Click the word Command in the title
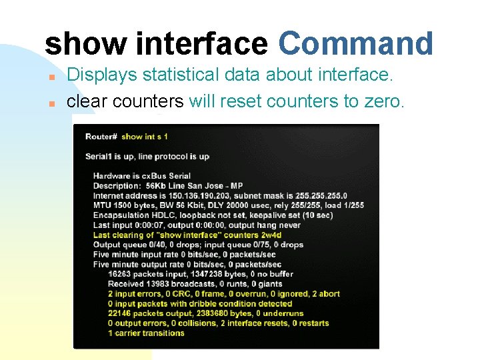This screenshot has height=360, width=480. coord(356,44)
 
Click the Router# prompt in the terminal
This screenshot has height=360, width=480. coord(101,137)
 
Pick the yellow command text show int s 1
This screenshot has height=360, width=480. coord(145,137)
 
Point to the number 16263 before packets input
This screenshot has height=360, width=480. coord(120,274)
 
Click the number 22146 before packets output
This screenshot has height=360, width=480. coord(120,313)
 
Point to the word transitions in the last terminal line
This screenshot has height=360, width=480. coord(161,333)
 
